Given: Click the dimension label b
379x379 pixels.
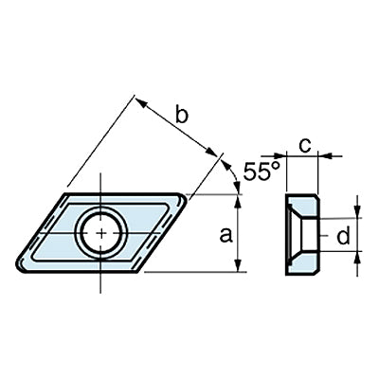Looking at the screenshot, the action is click(x=182, y=115).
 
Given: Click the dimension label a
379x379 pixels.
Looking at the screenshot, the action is click(x=226, y=235).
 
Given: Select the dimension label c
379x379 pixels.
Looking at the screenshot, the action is click(x=305, y=146).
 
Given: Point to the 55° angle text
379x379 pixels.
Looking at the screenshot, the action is click(x=262, y=171).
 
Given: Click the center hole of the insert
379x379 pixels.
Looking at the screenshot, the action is click(x=101, y=233).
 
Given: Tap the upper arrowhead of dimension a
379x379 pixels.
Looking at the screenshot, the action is click(x=239, y=201).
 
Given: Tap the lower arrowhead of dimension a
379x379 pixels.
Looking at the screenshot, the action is click(x=239, y=265).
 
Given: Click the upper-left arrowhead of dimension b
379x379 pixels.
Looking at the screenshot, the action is click(x=141, y=103).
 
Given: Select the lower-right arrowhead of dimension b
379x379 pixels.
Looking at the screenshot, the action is click(x=211, y=152).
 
